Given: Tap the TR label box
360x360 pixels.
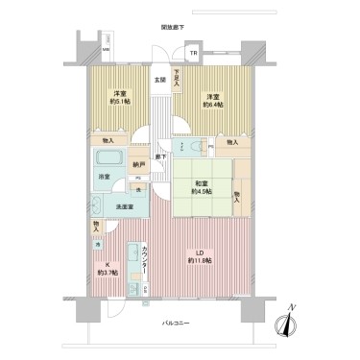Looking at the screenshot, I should click(193, 53).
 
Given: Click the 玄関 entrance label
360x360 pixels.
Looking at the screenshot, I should click(159, 80).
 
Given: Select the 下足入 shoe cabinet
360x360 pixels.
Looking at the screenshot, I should click(176, 84).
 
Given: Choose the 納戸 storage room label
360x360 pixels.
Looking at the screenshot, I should click(140, 165).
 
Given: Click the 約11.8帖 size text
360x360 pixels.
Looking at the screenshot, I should click(200, 261).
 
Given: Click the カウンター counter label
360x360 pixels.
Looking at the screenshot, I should click(145, 259).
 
